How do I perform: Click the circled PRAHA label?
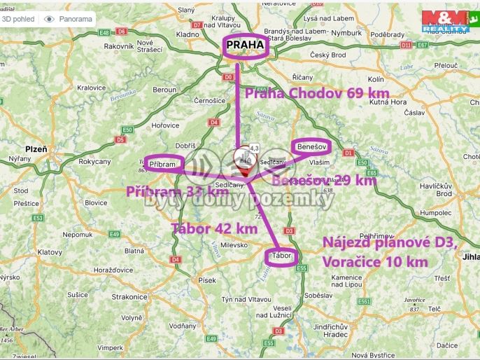click(244, 46)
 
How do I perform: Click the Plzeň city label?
click(36, 149)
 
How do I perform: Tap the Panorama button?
click(68, 19)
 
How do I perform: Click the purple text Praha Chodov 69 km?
click(316, 93)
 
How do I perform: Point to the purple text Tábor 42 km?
click(214, 228)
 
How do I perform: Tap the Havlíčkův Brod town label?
click(435, 189)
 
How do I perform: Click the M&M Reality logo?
click(446, 22)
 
